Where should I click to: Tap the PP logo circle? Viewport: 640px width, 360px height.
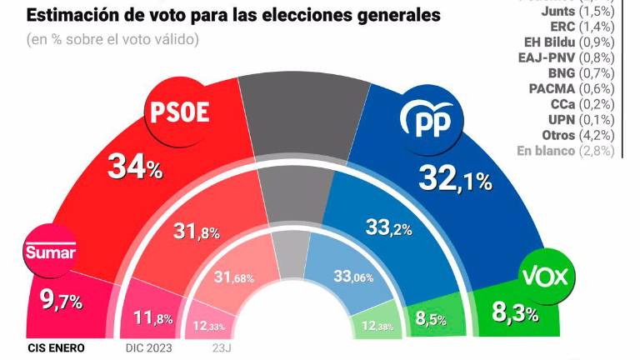(433, 122)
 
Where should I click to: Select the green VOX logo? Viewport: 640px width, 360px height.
(544, 277)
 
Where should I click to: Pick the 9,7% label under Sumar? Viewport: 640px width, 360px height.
(59, 301)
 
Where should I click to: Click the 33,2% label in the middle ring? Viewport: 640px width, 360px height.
(390, 225)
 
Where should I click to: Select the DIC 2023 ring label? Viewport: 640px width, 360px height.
(149, 348)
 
